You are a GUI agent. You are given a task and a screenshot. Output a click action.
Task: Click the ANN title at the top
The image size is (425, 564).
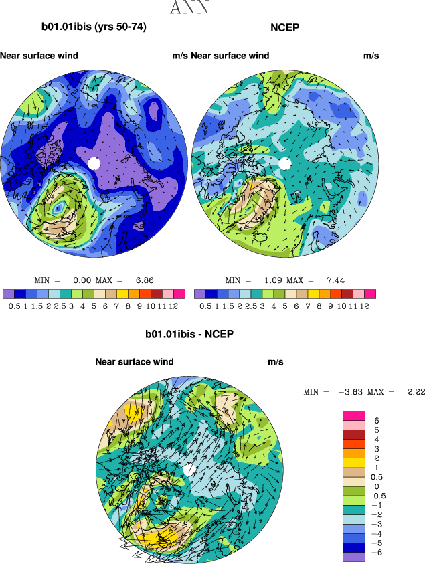click(x=189, y=9)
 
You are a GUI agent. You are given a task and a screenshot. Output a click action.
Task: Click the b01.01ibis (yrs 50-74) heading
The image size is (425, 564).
click(x=94, y=27)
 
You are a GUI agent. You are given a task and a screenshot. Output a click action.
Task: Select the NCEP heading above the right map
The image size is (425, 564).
click(x=284, y=27)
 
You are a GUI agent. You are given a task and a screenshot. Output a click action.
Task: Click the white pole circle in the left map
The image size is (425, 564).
click(x=94, y=163)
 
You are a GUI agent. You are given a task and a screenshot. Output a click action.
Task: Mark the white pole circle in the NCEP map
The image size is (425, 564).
click(x=284, y=163)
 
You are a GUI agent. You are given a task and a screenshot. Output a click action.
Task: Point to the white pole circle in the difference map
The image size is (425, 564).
click(x=189, y=470)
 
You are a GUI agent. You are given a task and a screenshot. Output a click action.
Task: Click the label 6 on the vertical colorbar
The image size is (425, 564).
click(x=377, y=421)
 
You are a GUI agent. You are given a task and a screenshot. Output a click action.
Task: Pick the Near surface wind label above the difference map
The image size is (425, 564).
click(x=135, y=362)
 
